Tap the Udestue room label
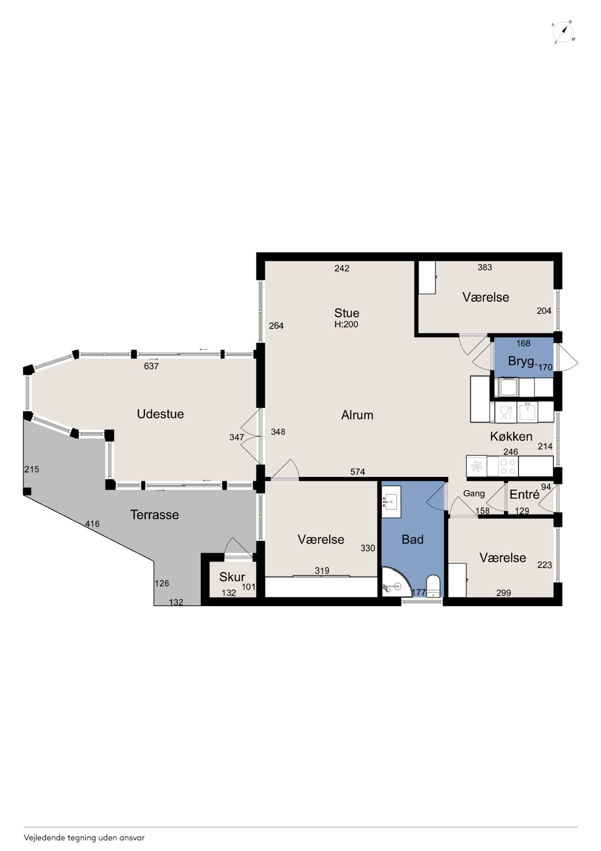pos(160,414)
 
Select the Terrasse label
pos(154,515)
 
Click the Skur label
pos(232,577)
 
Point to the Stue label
pos(347,313)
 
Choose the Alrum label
pos(357,415)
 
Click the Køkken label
pos(511,436)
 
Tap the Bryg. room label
pos(522,361)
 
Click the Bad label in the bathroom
pos(413,539)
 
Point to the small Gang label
pos(474,494)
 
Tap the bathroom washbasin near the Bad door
pos(391,502)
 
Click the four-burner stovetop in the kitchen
pos(508,466)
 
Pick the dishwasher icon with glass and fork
pos(506,412)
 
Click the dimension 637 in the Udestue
pos(151,366)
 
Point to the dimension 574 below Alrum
pos(358,472)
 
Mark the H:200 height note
pos(346,324)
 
